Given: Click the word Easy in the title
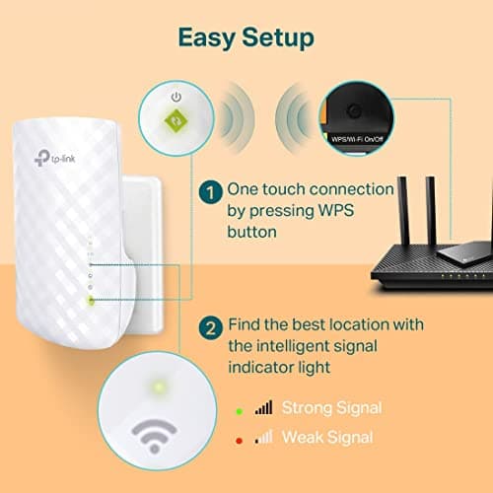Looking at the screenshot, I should click(x=207, y=37).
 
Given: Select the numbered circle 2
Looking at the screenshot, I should click(x=209, y=327).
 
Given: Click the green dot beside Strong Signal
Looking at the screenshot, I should click(x=240, y=407).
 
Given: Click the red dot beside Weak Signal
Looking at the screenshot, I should click(x=240, y=437).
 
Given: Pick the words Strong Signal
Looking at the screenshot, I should click(x=330, y=407).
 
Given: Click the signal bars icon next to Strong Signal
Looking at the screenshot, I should click(x=263, y=407).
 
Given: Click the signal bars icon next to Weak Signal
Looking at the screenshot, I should click(x=263, y=437).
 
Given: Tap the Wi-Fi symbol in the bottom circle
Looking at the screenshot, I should click(x=155, y=436).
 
